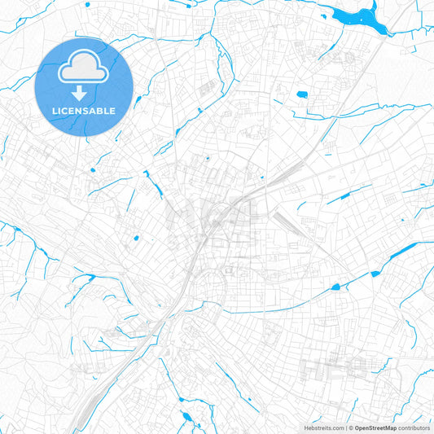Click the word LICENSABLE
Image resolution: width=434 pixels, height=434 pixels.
pyautogui.click(x=84, y=111)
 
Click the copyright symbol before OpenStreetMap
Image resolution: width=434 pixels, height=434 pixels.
pyautogui.click(x=349, y=427)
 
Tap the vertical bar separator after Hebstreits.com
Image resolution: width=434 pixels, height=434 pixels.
pyautogui.click(x=344, y=427)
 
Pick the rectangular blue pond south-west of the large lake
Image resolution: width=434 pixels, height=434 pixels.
pyautogui.click(x=302, y=94)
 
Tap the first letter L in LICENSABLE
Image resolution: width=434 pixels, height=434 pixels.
pyautogui.click(x=55, y=111)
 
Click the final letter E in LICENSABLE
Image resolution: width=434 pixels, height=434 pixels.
pyautogui.click(x=113, y=111)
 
